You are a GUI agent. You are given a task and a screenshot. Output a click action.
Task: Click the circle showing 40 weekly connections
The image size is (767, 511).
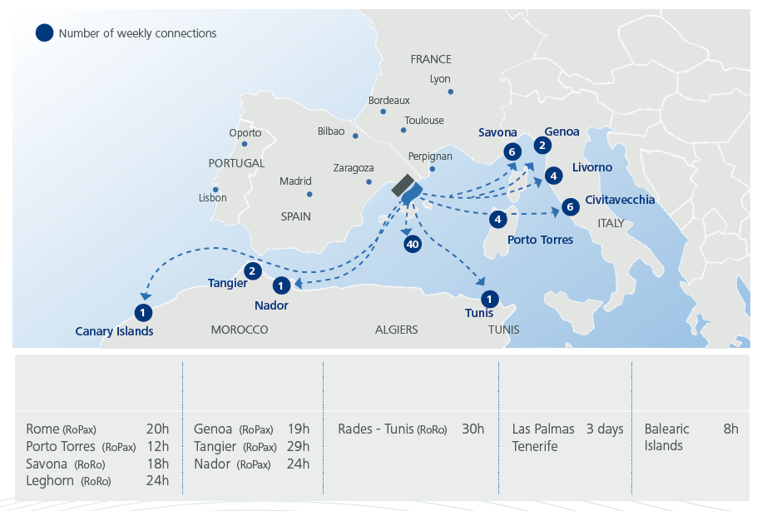coord(412,244)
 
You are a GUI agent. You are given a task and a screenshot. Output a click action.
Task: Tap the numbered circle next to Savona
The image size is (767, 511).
coord(512,151)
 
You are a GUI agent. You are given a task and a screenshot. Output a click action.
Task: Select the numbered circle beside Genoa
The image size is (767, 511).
coord(542,146)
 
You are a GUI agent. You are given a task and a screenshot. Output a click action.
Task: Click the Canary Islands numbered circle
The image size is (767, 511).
coord(144,312)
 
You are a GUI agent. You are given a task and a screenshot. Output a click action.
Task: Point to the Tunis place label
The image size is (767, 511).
coord(479,313)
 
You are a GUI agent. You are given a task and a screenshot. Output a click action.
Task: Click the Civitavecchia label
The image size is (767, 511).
coord(620,200)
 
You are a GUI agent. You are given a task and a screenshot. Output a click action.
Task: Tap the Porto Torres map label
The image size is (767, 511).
coord(541,240)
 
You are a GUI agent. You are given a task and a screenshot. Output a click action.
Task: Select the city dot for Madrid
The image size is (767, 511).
coord(309,195)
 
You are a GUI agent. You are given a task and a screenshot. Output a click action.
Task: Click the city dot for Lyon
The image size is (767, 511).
coord(450,92)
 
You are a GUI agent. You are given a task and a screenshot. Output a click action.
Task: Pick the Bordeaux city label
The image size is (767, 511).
coord(389,101)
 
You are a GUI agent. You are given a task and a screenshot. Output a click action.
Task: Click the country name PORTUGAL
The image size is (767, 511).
coord(236,163)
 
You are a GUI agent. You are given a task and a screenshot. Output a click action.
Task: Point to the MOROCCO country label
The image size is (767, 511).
coord(240,330)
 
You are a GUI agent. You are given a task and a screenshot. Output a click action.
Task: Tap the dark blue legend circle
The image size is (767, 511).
coord(43,33)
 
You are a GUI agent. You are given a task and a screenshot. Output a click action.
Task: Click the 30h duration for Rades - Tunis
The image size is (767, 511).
coord(473,429)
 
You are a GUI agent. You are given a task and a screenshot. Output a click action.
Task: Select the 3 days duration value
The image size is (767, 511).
coord(605,429)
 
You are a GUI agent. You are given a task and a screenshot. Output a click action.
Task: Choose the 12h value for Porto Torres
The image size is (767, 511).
coord(157,447)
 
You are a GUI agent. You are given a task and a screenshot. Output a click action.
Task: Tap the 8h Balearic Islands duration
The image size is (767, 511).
coord(730,429)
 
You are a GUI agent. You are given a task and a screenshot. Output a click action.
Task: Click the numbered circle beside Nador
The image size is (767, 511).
coord(282,285)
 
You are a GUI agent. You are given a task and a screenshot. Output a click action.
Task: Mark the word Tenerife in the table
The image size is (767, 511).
coord(535,446)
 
